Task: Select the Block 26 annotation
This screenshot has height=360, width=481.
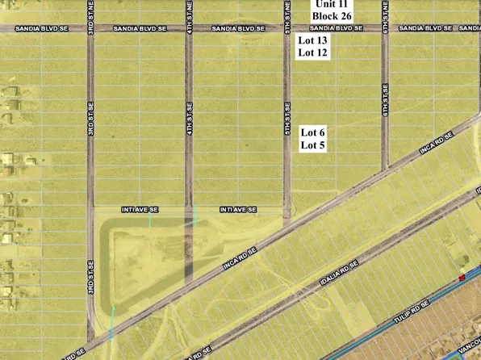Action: [x=332, y=15]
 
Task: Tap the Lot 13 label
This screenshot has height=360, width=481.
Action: [x=313, y=40]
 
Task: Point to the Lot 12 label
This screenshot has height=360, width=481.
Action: [x=313, y=53]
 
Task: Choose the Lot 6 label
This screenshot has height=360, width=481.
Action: [x=313, y=132]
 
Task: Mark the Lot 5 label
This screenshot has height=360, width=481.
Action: [x=313, y=145]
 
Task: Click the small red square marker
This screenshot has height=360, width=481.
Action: [x=462, y=278]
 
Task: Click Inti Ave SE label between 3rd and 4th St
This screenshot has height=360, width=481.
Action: [x=140, y=209]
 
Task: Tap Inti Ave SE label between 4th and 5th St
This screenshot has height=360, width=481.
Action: [x=238, y=209]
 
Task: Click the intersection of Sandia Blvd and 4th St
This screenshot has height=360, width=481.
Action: [x=189, y=28]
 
